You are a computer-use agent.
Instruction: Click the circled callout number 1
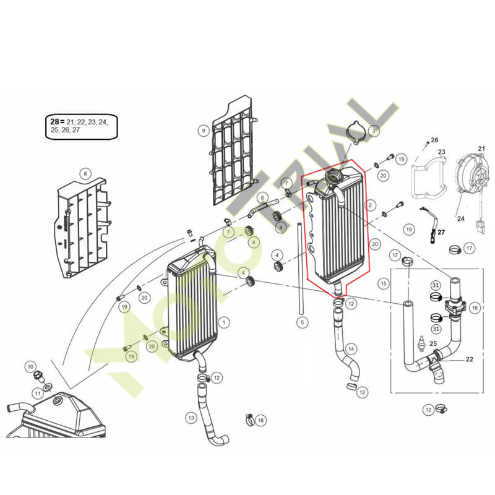coord(224,322)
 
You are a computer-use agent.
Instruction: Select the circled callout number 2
coord(370,205)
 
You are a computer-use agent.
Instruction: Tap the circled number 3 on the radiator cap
coord(374,131)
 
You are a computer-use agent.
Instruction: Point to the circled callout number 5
coord(302,322)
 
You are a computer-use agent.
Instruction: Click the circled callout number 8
coord(85,173)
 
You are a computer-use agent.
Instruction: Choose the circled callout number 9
coord(204,131)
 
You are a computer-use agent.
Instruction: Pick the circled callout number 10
coord(30,366)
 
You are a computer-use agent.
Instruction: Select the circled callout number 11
coord(38,394)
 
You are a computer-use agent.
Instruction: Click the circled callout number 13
coord(191,418)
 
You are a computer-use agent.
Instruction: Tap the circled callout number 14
coord(351,349)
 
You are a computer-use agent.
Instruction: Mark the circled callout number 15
coord(384,283)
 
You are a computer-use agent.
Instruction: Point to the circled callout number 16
coord(475,308)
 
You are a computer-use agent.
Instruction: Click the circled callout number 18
coord(260,420)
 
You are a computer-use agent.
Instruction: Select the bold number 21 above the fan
coord(481,148)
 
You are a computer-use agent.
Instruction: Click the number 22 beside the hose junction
coord(470,359)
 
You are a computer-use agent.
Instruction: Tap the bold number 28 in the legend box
coord(54,121)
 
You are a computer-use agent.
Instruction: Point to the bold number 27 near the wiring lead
coord(441,233)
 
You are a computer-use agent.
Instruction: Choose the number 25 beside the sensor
coord(433,343)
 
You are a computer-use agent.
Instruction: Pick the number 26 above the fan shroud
coord(434,140)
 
